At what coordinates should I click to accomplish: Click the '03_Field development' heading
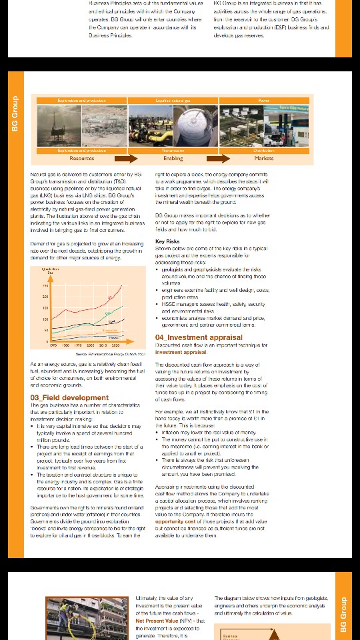69,398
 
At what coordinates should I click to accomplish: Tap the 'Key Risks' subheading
167,241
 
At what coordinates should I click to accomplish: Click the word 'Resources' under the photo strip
82,159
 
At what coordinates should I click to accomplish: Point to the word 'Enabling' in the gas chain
173,159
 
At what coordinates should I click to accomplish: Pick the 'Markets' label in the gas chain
263,159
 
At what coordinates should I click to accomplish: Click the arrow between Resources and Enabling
126,159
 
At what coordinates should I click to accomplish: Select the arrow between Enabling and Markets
218,159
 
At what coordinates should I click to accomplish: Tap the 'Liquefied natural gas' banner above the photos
173,101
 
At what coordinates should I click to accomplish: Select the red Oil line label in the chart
110,297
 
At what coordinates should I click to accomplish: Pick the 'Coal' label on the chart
111,322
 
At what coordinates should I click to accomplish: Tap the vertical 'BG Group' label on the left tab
15,113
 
